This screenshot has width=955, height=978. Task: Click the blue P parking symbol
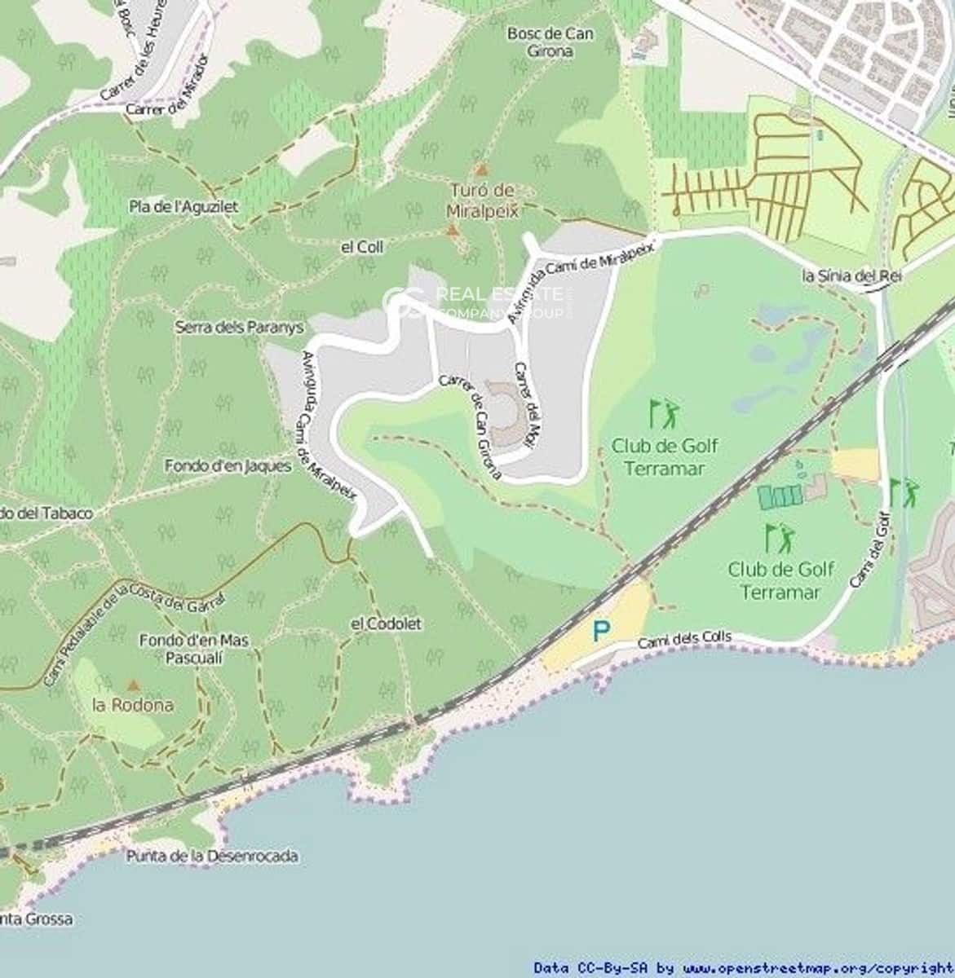coord(601,631)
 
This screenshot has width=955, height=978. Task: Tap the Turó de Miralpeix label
coord(482,200)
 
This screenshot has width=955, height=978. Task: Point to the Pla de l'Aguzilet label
coord(183,207)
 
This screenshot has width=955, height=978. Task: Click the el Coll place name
coord(362,247)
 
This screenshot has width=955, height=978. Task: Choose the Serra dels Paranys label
coord(239,327)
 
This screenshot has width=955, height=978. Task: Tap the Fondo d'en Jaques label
coord(228,466)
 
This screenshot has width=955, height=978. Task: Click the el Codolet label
coord(386,623)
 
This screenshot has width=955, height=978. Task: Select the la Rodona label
coord(133,705)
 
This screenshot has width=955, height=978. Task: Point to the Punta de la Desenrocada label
coord(212,857)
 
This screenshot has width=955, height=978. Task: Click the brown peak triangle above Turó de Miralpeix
coord(481,170)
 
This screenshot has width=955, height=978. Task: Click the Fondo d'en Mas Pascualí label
coord(193,649)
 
